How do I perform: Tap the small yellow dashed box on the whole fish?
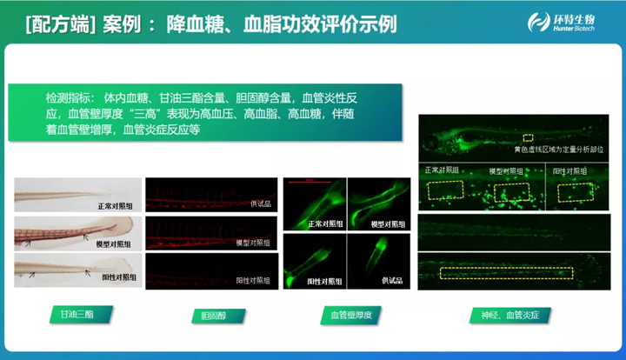[x=527, y=137]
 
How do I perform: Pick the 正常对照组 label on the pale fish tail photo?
[x=116, y=207]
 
